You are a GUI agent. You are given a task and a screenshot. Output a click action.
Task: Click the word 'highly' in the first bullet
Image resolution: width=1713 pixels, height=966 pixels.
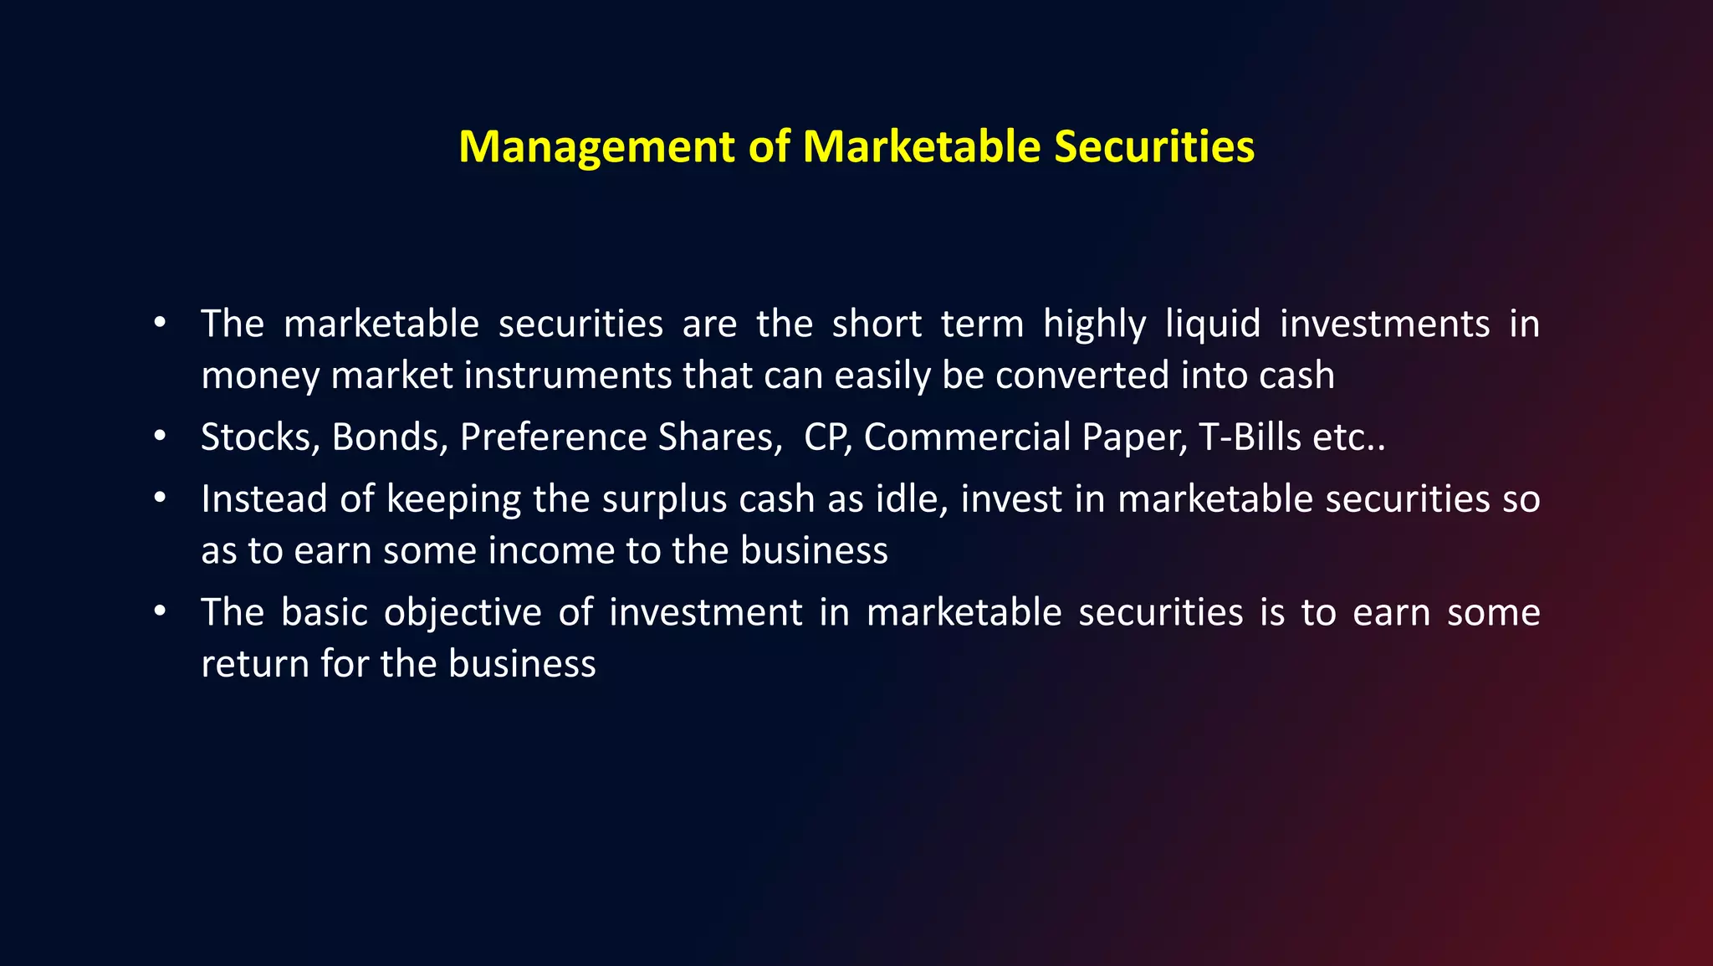tap(1094, 325)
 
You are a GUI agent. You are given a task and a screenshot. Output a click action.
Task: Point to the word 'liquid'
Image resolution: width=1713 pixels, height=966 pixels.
tap(1213, 325)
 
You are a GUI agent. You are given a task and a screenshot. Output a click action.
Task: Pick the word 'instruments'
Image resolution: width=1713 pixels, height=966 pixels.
tap(568, 376)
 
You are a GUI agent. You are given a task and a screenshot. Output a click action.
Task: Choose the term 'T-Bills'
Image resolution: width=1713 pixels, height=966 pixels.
tap(1250, 437)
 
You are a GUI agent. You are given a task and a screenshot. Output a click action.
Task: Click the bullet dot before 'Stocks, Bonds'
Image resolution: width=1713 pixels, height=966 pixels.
tap(160, 437)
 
